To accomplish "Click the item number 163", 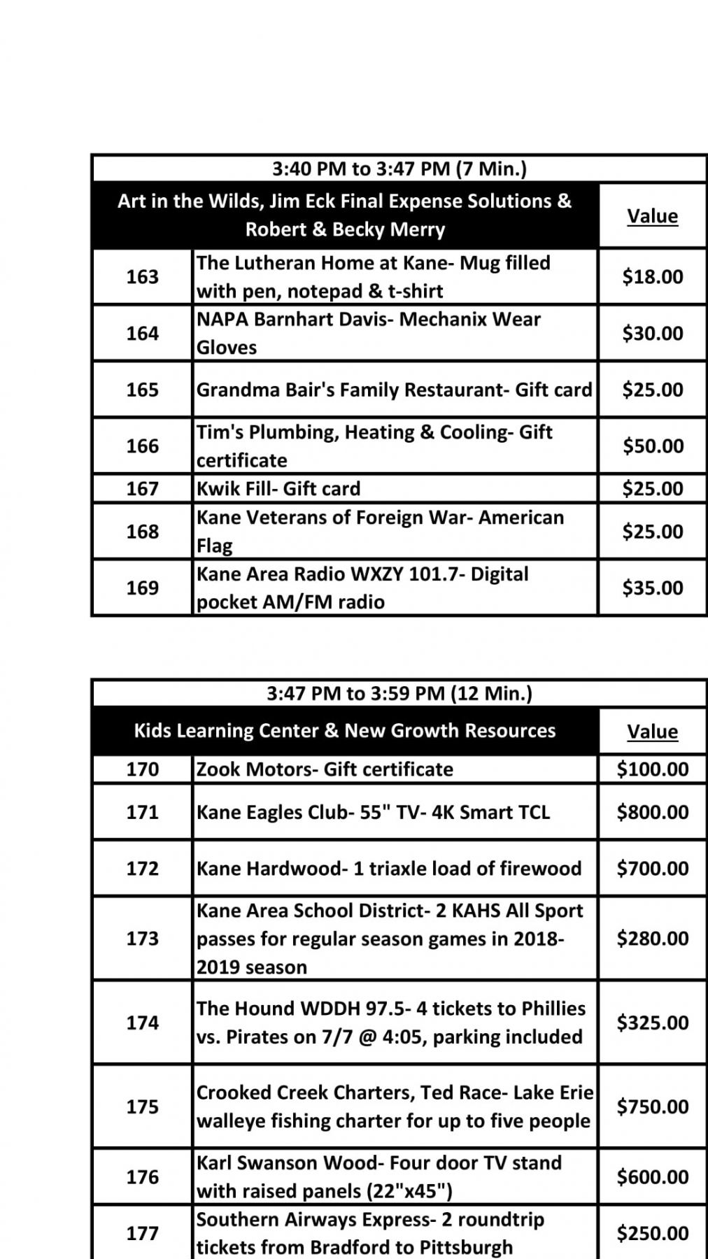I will tap(142, 277).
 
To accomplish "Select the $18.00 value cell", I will tap(652, 277).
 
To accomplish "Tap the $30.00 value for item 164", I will tap(652, 333).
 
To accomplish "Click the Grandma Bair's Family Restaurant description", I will tap(394, 390).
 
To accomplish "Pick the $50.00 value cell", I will tap(652, 446).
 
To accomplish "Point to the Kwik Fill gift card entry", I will tap(278, 488).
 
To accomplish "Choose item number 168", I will tap(142, 532).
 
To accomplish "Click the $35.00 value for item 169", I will tap(652, 588).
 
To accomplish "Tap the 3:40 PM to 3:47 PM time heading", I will tap(399, 169).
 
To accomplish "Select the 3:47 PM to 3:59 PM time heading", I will tap(399, 693).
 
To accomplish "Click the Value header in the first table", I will tap(652, 216).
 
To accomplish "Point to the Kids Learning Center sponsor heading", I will tap(344, 731).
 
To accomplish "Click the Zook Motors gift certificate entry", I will tap(325, 769).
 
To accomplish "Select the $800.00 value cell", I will tap(652, 812).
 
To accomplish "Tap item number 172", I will tap(142, 868).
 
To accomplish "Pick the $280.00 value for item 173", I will tap(652, 938).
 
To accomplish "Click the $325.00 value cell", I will tap(652, 1023).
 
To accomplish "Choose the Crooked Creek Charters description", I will tap(394, 1107).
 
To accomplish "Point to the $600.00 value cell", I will tap(652, 1176).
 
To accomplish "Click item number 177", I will tap(142, 1233).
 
